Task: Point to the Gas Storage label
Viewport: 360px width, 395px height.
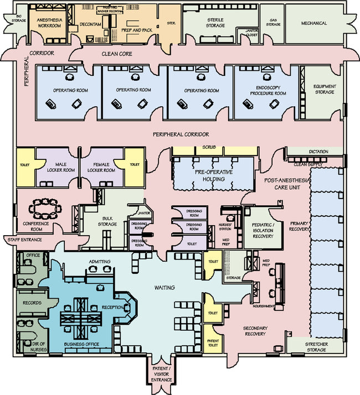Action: click(272, 23)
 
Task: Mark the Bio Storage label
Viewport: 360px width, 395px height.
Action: click(19, 20)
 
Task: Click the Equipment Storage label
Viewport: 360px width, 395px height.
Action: click(324, 89)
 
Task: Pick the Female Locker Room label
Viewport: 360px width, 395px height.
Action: click(101, 167)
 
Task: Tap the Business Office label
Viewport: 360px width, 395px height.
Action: click(81, 344)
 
